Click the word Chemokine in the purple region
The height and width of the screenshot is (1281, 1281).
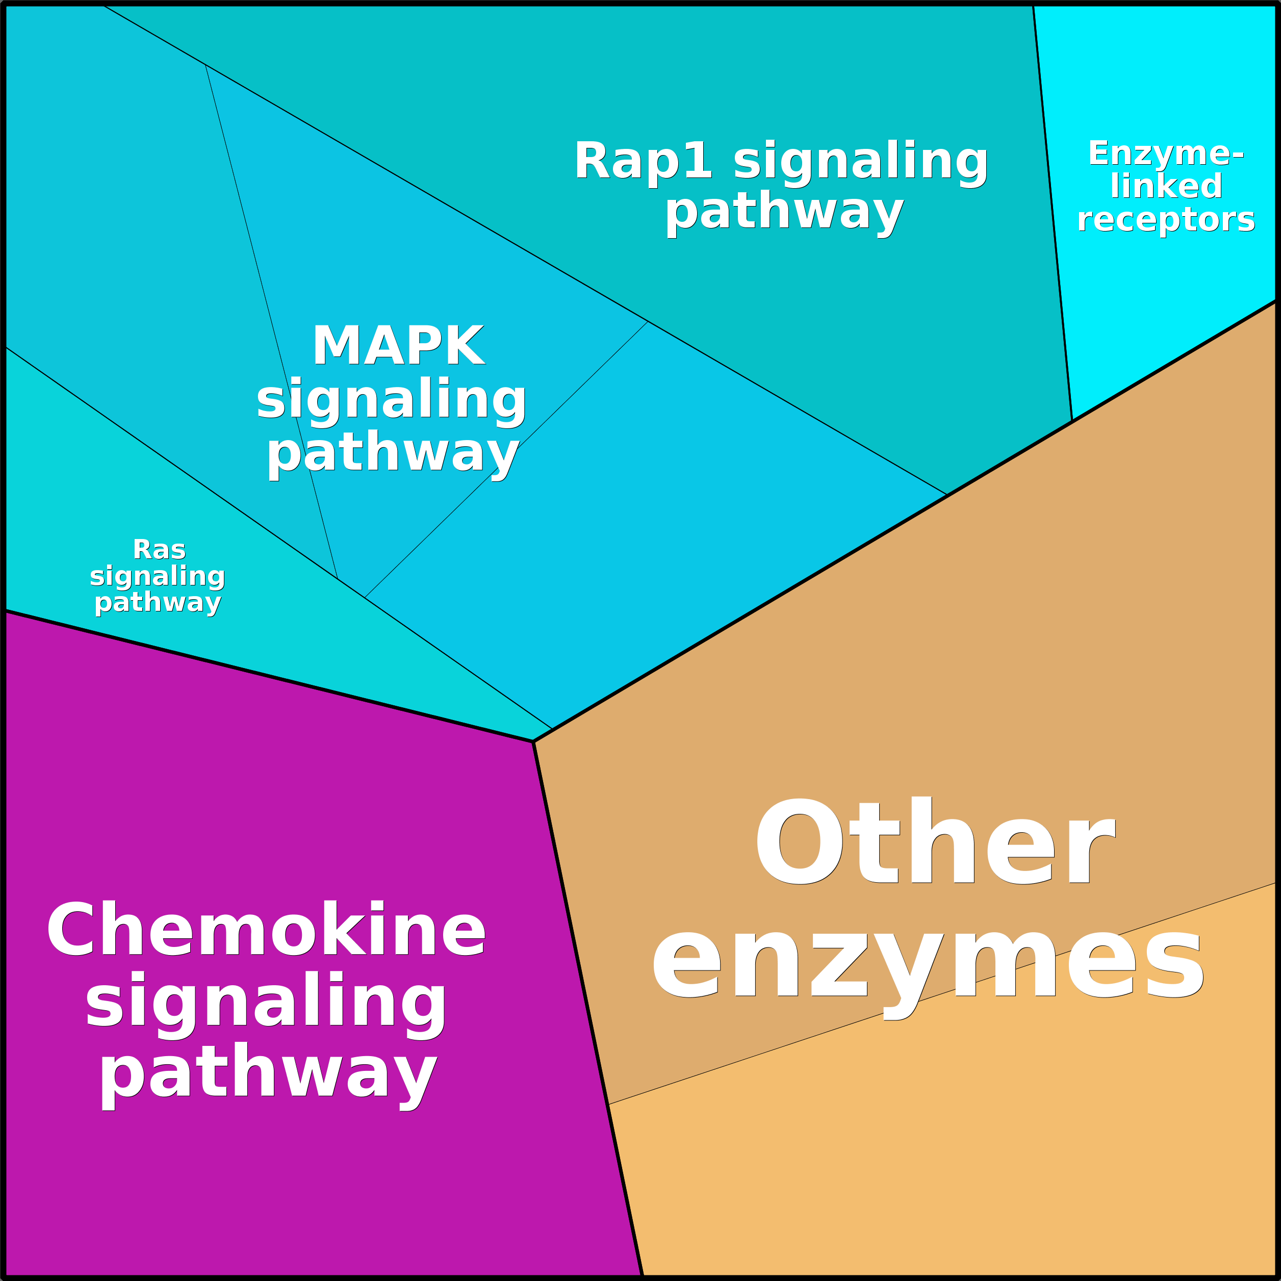point(266,930)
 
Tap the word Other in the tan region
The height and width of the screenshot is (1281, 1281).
point(934,842)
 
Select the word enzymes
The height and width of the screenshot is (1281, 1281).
point(928,966)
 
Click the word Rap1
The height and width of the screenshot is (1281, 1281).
point(643,161)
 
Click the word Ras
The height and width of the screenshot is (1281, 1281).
point(159,550)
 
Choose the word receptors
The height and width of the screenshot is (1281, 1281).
point(1166,219)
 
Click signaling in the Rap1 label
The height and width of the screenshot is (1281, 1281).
point(861,162)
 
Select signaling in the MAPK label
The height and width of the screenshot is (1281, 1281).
point(391,400)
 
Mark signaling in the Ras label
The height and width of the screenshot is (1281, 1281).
point(158,576)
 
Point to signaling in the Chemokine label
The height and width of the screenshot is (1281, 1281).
point(266,1003)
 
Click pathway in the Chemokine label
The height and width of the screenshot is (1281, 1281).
point(269,1074)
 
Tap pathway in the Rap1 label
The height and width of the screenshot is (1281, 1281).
point(784,212)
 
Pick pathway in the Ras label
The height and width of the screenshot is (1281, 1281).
point(158,603)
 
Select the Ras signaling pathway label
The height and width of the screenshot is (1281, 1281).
point(158,576)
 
